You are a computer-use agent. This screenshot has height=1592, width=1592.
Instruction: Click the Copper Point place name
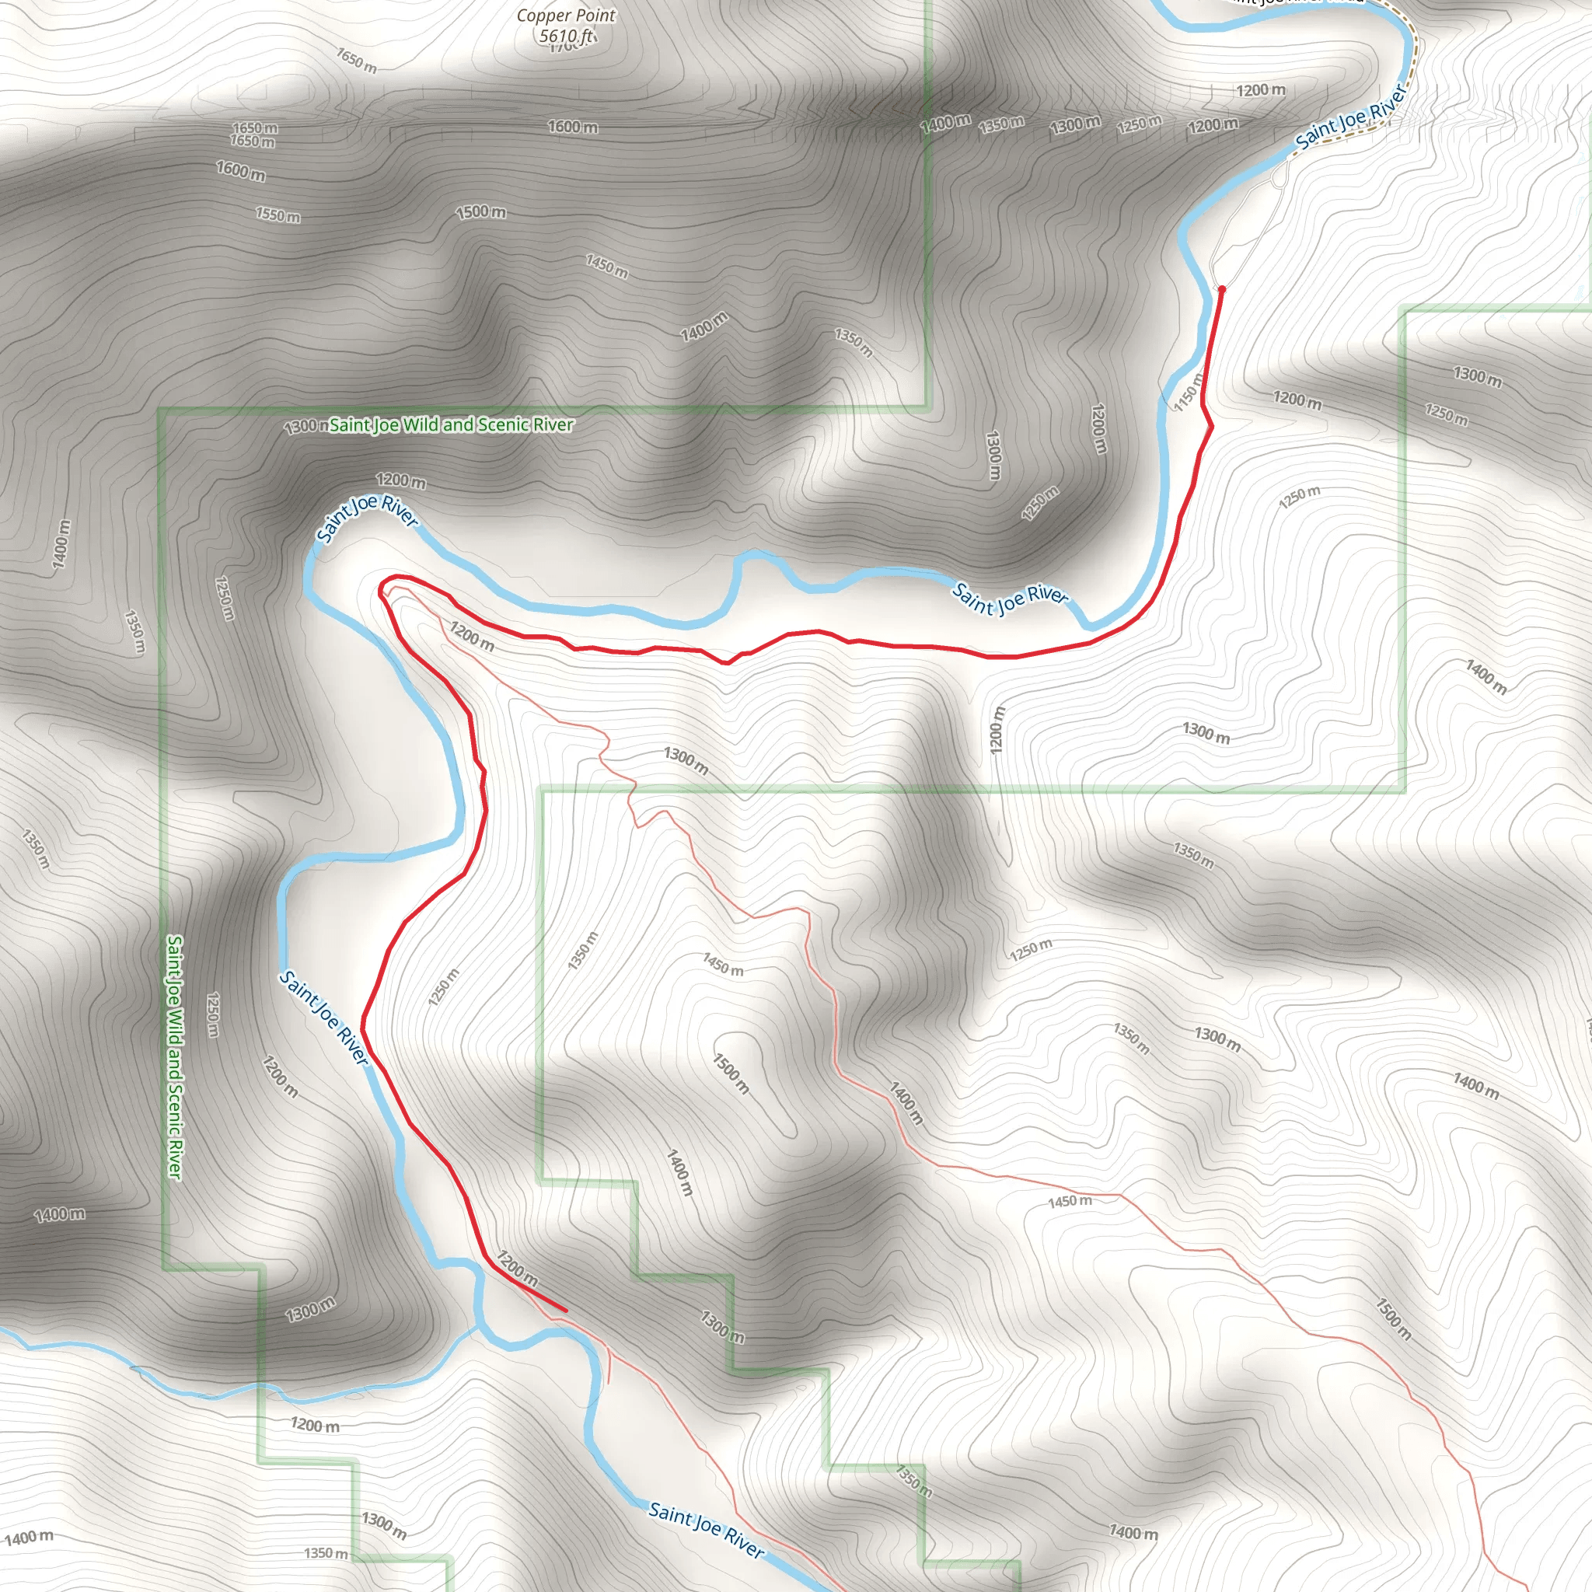(565, 16)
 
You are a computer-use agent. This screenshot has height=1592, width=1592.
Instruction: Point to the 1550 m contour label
(278, 215)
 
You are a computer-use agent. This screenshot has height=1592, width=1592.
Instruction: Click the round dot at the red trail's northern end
(1221, 289)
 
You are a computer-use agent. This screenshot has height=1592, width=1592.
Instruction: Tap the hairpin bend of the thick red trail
(382, 588)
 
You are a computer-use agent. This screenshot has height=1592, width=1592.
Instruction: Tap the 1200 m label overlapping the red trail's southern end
(517, 1269)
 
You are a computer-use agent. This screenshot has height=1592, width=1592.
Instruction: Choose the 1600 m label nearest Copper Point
(573, 127)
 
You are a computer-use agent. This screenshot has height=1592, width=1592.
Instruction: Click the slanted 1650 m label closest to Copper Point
(357, 60)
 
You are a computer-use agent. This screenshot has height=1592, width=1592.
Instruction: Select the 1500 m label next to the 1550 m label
(481, 211)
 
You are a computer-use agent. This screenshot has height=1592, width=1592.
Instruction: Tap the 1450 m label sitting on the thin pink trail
(1070, 1202)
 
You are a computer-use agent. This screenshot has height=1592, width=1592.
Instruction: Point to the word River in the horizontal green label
(552, 424)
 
